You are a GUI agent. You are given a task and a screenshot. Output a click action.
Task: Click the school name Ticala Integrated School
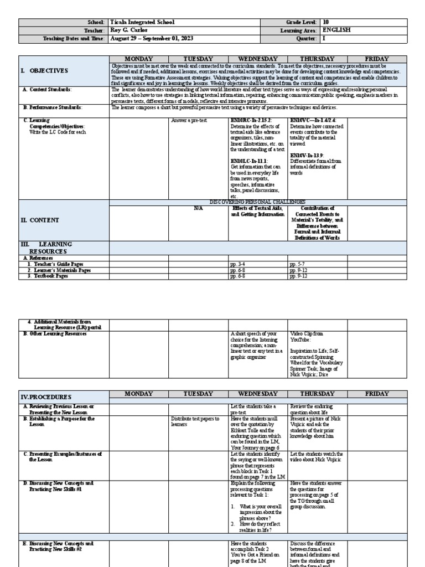(x=142, y=22)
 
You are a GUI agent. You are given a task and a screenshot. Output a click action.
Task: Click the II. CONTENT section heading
(x=42, y=220)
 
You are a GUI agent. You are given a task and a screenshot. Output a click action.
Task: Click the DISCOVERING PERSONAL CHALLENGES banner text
(x=257, y=202)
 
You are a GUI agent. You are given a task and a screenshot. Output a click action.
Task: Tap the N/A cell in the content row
(x=198, y=208)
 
